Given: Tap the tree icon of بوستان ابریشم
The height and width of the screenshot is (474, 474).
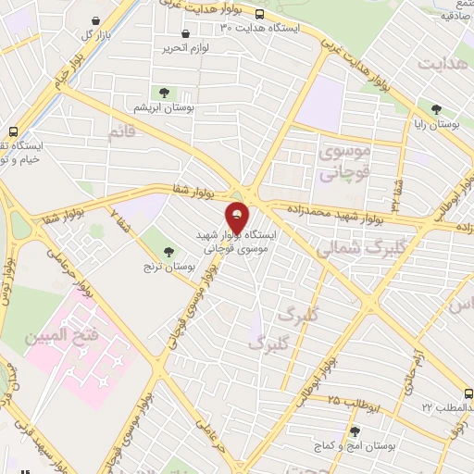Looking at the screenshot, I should [164, 93].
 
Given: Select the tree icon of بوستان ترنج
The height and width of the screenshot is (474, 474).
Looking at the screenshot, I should [168, 251].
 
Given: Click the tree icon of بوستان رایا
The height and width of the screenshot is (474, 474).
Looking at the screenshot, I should [435, 108].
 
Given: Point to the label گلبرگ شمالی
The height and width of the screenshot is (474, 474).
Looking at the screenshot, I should [350, 249].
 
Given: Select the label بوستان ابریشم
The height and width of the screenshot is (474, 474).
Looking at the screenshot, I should [164, 107].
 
